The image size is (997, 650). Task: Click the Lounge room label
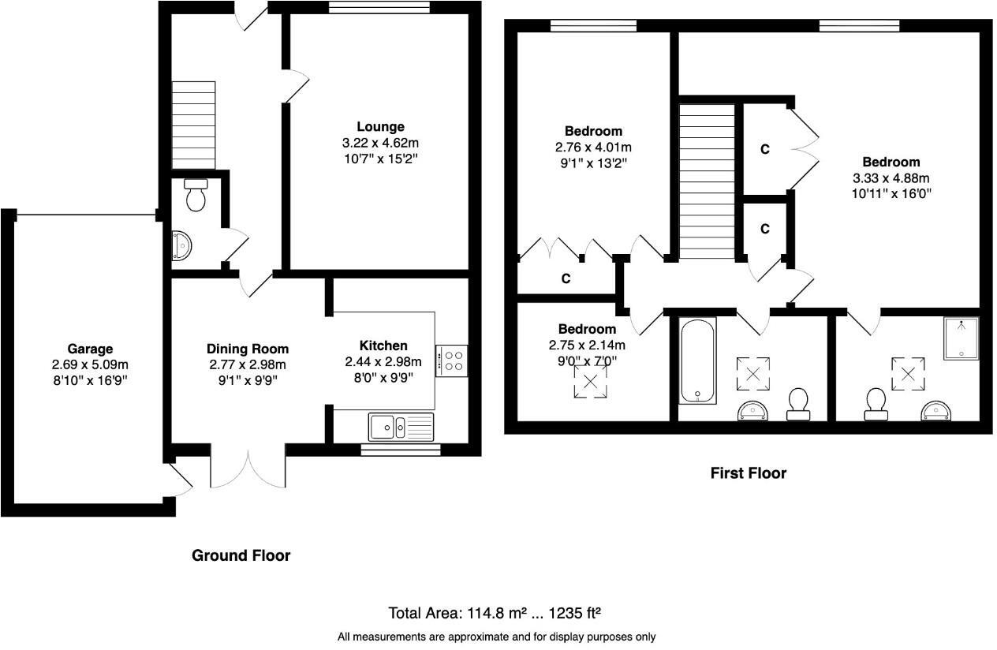pyautogui.click(x=380, y=126)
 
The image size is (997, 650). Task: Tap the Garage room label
pyautogui.click(x=90, y=349)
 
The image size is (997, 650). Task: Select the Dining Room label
pyautogui.click(x=248, y=349)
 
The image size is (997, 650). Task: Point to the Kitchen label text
pyautogui.click(x=383, y=346)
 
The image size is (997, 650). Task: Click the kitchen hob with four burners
pyautogui.click(x=451, y=360)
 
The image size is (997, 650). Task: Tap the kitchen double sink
pyautogui.click(x=401, y=428)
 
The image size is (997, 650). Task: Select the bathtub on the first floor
pyautogui.click(x=698, y=361)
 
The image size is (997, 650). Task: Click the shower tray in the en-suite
pyautogui.click(x=960, y=338)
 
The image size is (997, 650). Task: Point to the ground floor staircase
pyautogui.click(x=194, y=124)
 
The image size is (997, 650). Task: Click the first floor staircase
pyautogui.click(x=707, y=181)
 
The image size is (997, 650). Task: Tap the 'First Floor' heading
pyautogui.click(x=748, y=473)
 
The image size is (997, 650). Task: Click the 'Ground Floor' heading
pyautogui.click(x=241, y=555)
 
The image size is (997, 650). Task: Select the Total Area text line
pyautogui.click(x=497, y=613)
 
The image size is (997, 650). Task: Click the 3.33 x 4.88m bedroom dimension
pyautogui.click(x=891, y=177)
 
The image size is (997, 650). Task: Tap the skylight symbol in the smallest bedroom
pyautogui.click(x=591, y=383)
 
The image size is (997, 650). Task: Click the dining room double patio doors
pyautogui.click(x=248, y=469)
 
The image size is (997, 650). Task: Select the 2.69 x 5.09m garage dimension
pyautogui.click(x=90, y=364)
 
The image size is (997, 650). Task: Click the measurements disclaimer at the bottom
pyautogui.click(x=497, y=637)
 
